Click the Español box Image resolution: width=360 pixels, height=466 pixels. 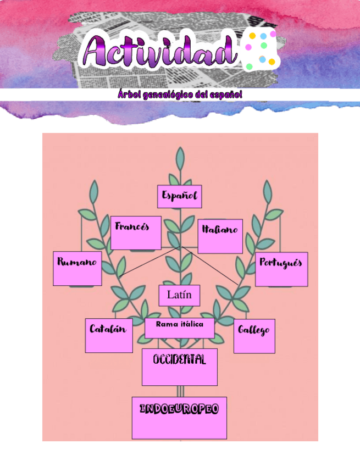(x=179, y=197)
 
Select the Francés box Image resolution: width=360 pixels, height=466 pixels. (x=136, y=232)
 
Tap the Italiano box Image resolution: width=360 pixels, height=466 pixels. (x=220, y=236)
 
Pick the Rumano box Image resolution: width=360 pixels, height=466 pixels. (x=77, y=268)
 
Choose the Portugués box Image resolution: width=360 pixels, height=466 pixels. (x=281, y=269)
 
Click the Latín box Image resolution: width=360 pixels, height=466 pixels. (x=179, y=295)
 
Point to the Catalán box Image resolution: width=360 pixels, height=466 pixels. (x=109, y=335)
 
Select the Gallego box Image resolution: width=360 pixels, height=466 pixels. (x=254, y=336)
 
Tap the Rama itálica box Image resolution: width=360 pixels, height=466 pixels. (x=179, y=328)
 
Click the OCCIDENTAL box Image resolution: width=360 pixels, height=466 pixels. (x=179, y=367)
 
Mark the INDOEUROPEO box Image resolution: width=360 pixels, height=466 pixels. (x=179, y=418)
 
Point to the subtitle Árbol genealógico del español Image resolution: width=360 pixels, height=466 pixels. (x=179, y=95)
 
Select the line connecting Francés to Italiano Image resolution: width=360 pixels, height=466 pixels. (x=180, y=248)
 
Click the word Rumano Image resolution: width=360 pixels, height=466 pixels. (x=77, y=262)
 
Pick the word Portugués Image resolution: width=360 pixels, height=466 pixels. (x=281, y=263)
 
